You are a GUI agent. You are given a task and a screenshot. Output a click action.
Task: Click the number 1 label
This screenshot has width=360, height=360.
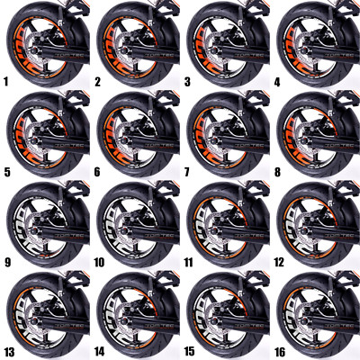coord(6,82)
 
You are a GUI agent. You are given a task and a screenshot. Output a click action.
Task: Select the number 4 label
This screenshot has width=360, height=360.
coord(276,82)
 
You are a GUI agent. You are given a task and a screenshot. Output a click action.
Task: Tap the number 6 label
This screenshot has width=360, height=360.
coord(96,172)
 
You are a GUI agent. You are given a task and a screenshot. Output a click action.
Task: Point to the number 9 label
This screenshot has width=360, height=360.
coord(6,262)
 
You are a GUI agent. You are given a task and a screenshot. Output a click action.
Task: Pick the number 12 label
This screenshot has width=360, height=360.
coord(280,262)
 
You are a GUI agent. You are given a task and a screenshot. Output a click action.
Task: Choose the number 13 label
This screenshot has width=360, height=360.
coord(10,352)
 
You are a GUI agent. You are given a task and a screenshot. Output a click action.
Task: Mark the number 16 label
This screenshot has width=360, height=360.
coord(280,352)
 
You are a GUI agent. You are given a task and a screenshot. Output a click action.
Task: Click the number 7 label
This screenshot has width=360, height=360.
coord(186,172)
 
